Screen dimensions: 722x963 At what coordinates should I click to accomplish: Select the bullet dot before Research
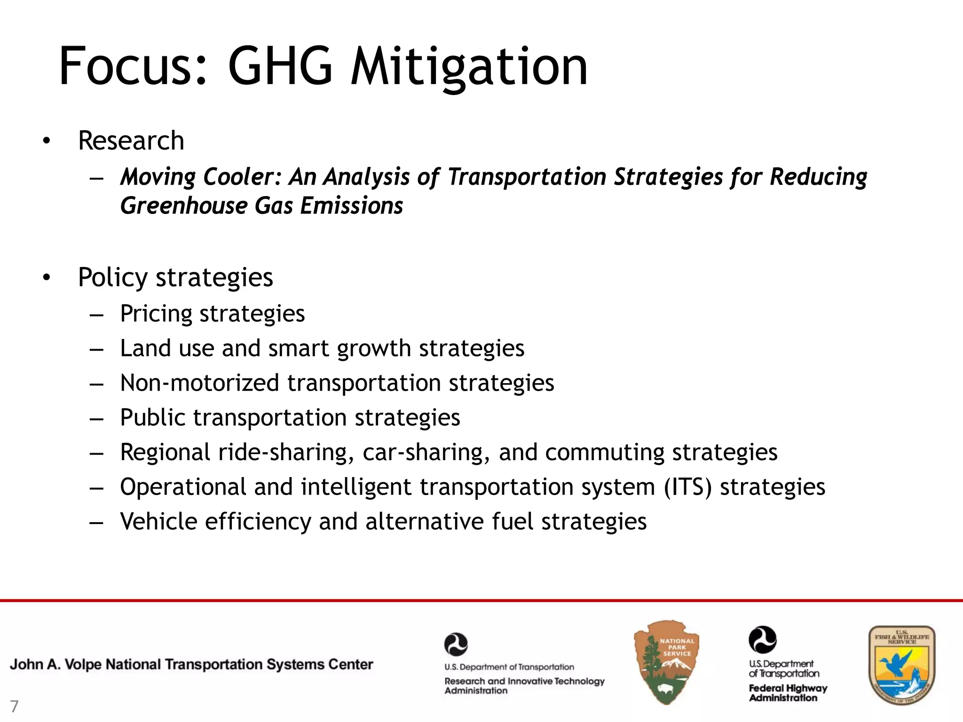tap(46, 141)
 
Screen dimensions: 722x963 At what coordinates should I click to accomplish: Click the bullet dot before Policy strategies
tap(46, 278)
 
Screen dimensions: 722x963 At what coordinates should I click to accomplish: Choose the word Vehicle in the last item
tap(158, 521)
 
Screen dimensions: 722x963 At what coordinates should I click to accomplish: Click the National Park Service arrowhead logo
tap(666, 661)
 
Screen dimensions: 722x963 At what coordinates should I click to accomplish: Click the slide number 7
tap(14, 706)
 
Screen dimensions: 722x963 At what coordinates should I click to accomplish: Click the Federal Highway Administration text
tap(788, 693)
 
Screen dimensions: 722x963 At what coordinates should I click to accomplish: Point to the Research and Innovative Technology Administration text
tap(524, 685)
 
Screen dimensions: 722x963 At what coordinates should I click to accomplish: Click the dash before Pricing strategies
tap(96, 314)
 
